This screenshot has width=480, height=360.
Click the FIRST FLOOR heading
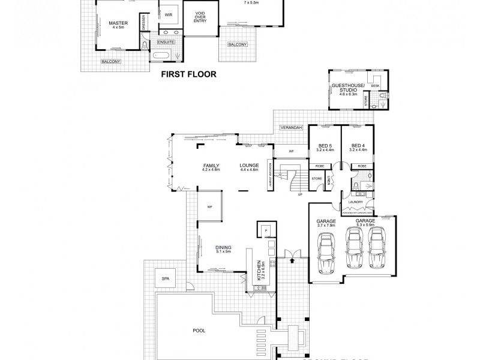[188, 76]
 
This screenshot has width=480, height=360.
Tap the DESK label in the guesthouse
[376, 86]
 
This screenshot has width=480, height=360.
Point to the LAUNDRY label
[355, 202]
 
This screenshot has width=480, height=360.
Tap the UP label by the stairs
[300, 194]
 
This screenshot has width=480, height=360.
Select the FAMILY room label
[211, 166]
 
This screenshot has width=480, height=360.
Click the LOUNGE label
[248, 166]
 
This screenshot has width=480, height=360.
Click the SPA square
[164, 278]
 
